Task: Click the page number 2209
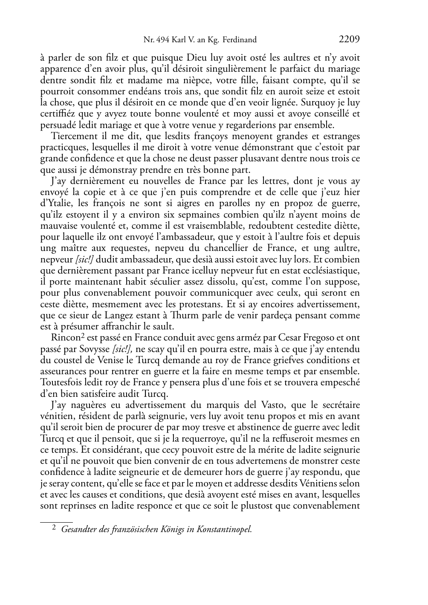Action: click(x=349, y=40)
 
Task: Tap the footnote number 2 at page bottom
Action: click(x=54, y=528)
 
